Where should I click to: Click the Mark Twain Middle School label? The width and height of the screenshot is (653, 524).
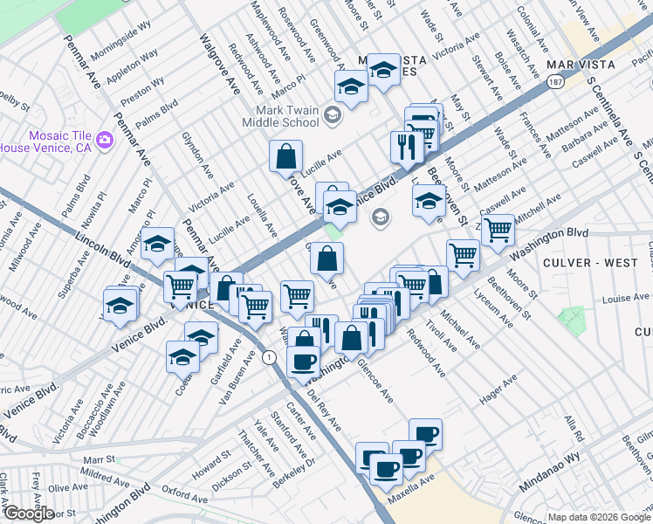[x=287, y=116]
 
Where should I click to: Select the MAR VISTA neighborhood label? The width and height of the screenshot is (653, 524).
[x=575, y=65]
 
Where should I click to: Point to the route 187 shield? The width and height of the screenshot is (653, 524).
[x=554, y=81]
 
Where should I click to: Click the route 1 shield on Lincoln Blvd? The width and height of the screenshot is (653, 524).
[x=270, y=357]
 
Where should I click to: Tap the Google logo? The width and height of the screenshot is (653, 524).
[x=28, y=513]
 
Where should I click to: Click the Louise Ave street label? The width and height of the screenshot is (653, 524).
[x=625, y=299]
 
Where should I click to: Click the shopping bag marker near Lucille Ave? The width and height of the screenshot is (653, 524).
[x=285, y=158]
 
